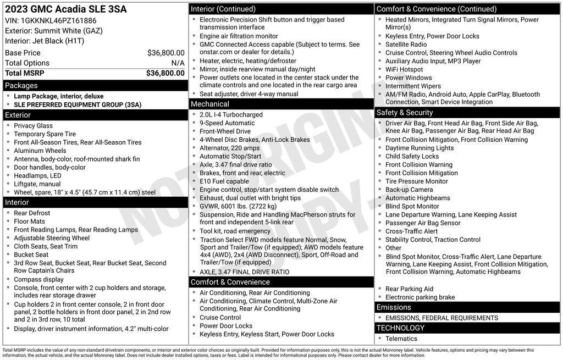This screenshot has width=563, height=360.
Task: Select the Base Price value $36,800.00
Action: [165, 53]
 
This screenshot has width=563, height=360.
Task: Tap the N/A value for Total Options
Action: [178, 63]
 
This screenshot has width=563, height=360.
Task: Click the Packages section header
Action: [21, 86]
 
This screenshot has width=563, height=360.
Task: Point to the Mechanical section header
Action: [210, 104]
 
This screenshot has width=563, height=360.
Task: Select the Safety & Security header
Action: [405, 113]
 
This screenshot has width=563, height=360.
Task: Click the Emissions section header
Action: [394, 307]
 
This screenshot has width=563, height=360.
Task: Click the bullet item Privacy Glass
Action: [33, 126]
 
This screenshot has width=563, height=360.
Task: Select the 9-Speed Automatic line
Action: [227, 123]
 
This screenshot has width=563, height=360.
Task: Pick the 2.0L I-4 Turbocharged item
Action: [231, 115]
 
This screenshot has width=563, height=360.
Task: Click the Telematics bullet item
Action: [401, 339]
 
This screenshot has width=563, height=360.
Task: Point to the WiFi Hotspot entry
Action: [404, 69]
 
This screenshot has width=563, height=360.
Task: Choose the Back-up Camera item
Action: [409, 190]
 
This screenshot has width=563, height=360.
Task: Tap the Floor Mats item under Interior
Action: [30, 221]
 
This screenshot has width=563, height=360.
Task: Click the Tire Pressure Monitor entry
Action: [416, 181]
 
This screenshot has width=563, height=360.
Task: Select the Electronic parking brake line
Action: [420, 297]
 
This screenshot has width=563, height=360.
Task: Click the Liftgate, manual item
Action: [37, 184]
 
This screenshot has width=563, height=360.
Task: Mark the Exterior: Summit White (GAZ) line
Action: [54, 31]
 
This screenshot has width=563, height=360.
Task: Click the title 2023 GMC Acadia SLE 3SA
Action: [65, 9]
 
